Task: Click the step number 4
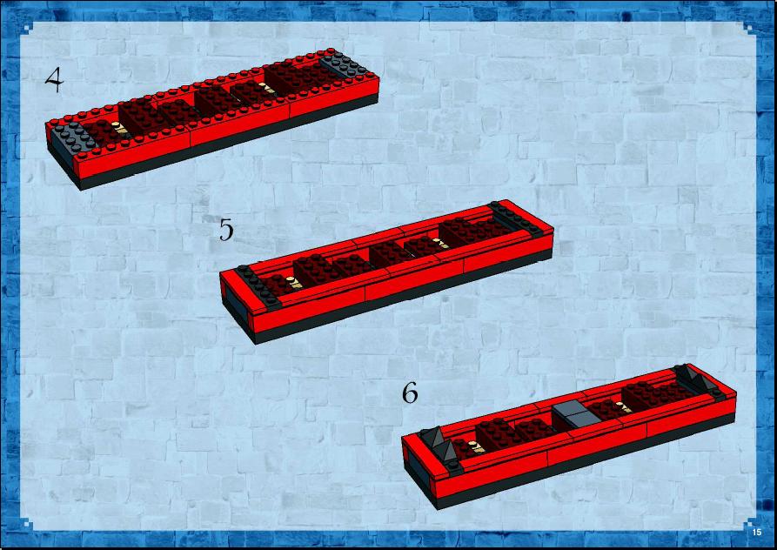(55, 80)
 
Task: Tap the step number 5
(226, 230)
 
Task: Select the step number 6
(410, 393)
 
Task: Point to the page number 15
(756, 533)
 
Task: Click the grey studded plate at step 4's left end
(74, 136)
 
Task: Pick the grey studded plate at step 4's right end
(346, 64)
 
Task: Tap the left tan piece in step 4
(119, 128)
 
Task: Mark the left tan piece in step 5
(295, 283)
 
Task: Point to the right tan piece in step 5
(440, 244)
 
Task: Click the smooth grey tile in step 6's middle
(576, 415)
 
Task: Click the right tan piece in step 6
(626, 408)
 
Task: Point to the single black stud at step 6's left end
(453, 466)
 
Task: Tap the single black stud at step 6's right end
(718, 393)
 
